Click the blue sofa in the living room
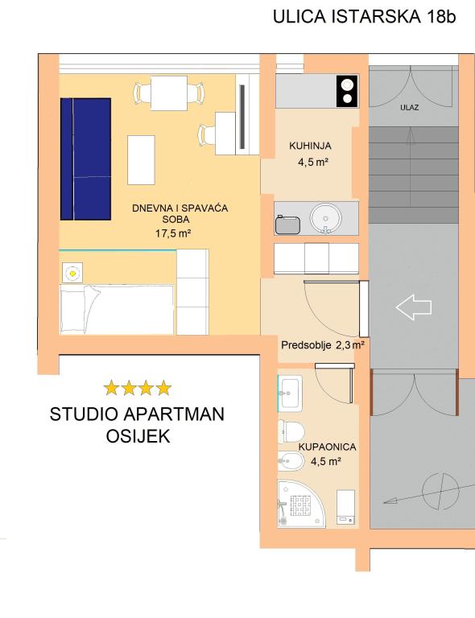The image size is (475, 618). [85, 159]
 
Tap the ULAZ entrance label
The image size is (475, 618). [409, 107]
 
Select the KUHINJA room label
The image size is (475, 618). [310, 146]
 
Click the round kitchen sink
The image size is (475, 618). [325, 218]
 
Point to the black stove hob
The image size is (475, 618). [347, 91]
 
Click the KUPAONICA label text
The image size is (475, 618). [327, 447]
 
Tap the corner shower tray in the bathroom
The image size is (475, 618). [301, 503]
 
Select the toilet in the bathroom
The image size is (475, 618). [291, 431]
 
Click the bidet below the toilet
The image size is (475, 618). [291, 461]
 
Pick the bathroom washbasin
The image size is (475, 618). [290, 393]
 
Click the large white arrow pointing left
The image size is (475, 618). [414, 307]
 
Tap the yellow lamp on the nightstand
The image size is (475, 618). [72, 272]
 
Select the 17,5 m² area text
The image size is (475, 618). [173, 233]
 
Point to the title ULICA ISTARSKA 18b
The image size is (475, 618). [364, 17]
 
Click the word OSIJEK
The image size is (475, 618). [138, 436]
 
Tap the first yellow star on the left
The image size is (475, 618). [112, 388]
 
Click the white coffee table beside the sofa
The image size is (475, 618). [141, 160]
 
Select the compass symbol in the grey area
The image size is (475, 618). [440, 491]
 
